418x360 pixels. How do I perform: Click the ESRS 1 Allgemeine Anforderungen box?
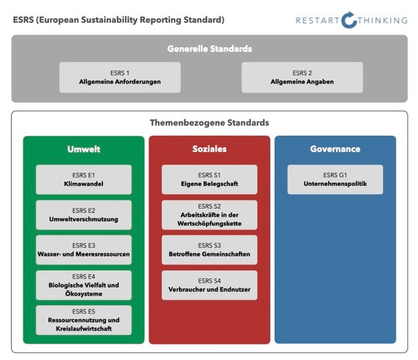pos(120,77)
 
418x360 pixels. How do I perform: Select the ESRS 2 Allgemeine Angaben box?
pos(302,77)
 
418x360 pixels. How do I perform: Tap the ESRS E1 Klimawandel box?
pos(84,179)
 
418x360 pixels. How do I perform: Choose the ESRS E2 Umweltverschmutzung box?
pos(84,214)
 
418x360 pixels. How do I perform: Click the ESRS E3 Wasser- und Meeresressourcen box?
pos(84,250)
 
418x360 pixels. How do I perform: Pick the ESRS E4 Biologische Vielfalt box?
pos(84,285)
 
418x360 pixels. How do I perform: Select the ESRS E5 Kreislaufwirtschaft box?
pos(84,320)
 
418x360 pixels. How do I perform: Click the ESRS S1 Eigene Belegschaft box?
pos(210,179)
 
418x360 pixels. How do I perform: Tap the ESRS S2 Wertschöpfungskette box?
pos(210,214)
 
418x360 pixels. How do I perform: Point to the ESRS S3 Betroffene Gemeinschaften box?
pos(210,250)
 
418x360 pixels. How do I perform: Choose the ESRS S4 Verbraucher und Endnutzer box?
pos(210,285)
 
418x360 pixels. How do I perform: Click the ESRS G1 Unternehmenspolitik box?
pos(335,179)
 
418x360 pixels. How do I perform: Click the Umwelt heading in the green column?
pos(84,149)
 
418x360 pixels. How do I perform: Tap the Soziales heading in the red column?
pos(210,149)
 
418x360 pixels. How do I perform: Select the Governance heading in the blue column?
pos(335,149)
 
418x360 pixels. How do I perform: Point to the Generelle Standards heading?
pos(210,49)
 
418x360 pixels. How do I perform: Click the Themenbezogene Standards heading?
pos(210,123)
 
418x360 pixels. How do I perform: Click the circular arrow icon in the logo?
pos(349,20)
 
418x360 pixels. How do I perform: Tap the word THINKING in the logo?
pos(383,20)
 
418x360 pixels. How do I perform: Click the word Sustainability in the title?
pos(109,20)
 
